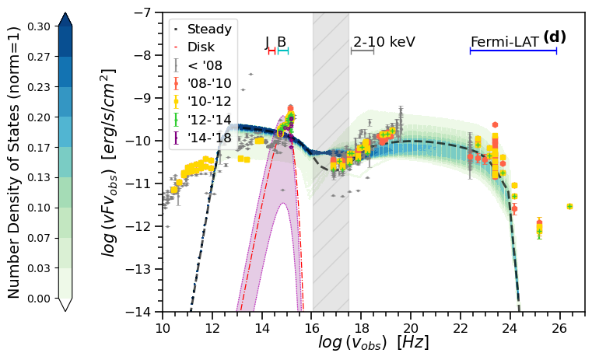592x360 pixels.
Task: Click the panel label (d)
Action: [x=555, y=37]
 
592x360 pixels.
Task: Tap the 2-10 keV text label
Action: [x=384, y=42]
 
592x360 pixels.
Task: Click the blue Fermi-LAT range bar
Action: [x=513, y=51]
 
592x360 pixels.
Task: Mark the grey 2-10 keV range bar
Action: [x=363, y=51]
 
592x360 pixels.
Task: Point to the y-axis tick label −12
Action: [x=145, y=227]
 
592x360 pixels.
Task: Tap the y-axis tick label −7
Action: [x=145, y=13]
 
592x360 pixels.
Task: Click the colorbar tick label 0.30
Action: [x=39, y=26]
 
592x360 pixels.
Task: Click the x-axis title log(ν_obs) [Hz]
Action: [x=373, y=342]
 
